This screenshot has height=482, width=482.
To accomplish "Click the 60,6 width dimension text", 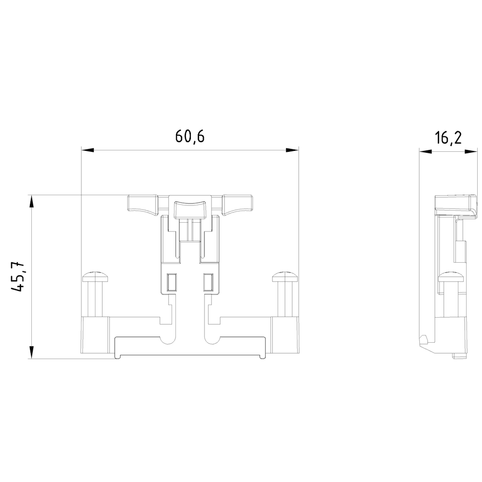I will click(x=190, y=137).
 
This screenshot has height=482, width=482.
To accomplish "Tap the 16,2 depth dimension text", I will click(x=448, y=138).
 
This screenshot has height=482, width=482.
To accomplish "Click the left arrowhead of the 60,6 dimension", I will click(x=87, y=150).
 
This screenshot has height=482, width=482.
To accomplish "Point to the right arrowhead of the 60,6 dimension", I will click(x=293, y=150).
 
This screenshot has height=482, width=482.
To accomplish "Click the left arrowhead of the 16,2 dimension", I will click(x=425, y=151).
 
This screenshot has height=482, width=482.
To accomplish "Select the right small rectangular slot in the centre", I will click(x=208, y=281).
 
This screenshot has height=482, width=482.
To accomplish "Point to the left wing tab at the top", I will click(x=143, y=203).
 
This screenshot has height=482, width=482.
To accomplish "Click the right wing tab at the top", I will click(x=237, y=203).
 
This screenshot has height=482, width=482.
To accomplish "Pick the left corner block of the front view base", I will click(x=95, y=335).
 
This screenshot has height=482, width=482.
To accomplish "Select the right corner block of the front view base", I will click(x=285, y=335).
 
